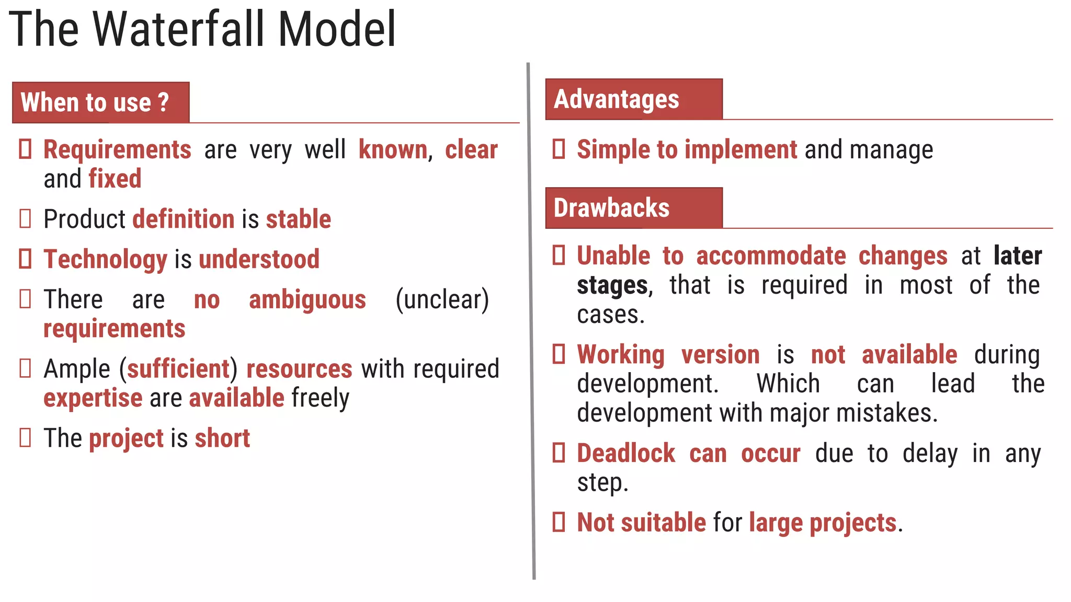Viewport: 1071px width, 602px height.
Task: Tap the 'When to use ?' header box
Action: tap(100, 102)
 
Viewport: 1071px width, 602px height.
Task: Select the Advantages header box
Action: tap(633, 99)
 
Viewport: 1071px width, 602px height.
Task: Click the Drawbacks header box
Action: tap(633, 208)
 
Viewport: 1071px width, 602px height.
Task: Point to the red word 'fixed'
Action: tap(115, 179)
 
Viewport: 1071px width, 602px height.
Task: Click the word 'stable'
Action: tap(299, 219)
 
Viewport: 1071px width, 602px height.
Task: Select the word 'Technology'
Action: tap(105, 259)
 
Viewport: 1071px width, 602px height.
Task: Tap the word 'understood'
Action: tap(259, 259)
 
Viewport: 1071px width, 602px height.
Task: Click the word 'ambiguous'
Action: tap(307, 300)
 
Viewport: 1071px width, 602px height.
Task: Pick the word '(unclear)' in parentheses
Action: tap(442, 300)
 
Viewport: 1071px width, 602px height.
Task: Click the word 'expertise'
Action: tap(93, 398)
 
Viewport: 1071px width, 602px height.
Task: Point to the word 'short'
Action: tap(222, 438)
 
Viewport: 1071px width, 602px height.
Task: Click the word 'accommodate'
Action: tap(771, 256)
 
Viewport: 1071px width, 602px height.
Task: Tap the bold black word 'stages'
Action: tap(612, 285)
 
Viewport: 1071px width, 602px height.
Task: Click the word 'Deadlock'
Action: tap(626, 454)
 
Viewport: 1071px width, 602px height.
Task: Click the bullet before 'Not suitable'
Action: tap(559, 522)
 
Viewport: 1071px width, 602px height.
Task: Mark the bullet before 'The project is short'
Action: tap(25, 438)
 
